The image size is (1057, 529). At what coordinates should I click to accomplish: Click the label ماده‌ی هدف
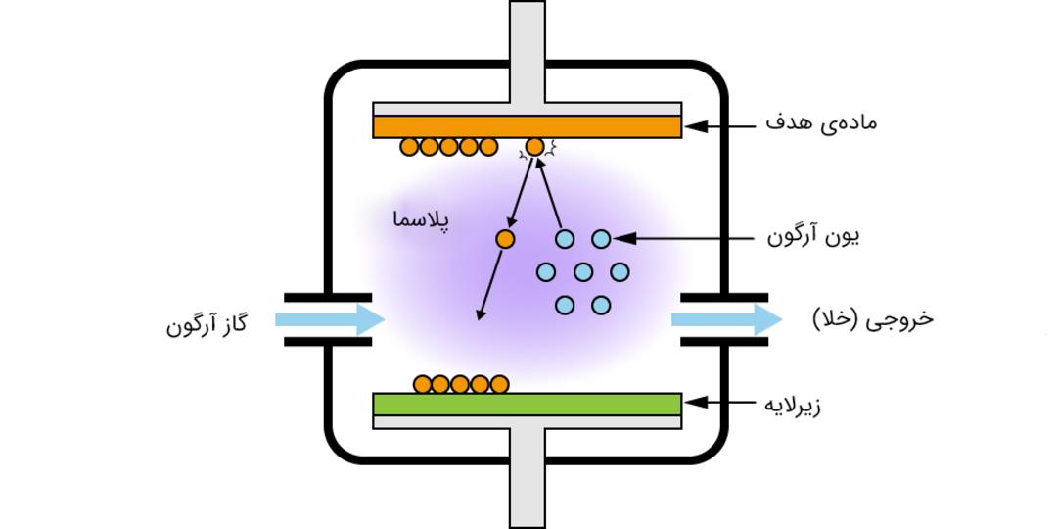click(821, 123)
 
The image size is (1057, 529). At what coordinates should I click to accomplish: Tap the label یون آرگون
click(813, 237)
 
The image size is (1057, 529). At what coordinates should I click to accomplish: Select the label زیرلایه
click(793, 407)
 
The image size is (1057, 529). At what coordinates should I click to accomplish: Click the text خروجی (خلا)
click(873, 319)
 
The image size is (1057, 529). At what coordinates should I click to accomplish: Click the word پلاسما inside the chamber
click(421, 220)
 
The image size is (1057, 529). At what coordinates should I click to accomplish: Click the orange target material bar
click(528, 126)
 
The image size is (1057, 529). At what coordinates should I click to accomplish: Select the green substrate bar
click(528, 405)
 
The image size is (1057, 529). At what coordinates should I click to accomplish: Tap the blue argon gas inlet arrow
click(330, 319)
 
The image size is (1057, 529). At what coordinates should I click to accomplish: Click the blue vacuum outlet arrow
click(726, 319)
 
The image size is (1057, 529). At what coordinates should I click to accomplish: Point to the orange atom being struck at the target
click(534, 146)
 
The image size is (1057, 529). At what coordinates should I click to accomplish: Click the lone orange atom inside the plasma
click(505, 239)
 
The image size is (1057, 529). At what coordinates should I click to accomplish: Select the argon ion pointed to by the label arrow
click(601, 239)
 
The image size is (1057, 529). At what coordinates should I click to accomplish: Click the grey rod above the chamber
click(528, 52)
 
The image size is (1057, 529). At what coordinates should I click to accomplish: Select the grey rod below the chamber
click(528, 478)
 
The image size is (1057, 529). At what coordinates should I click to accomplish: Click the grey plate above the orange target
click(528, 110)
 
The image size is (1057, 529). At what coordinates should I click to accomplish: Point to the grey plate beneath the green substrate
click(528, 421)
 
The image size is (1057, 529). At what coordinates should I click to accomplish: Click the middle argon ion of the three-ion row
click(583, 272)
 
